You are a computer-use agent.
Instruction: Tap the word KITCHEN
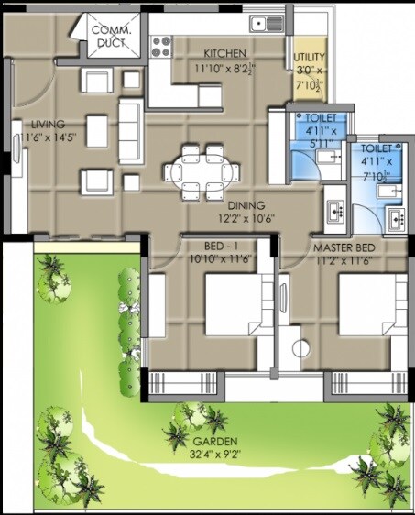[224, 52]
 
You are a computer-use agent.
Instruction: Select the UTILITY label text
[308, 57]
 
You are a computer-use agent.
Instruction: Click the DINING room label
[247, 206]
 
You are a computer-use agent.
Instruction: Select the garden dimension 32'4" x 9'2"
[187, 450]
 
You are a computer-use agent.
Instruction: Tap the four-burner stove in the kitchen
[162, 43]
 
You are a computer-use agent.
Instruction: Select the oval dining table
[202, 170]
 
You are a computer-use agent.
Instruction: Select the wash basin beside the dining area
[333, 209]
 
